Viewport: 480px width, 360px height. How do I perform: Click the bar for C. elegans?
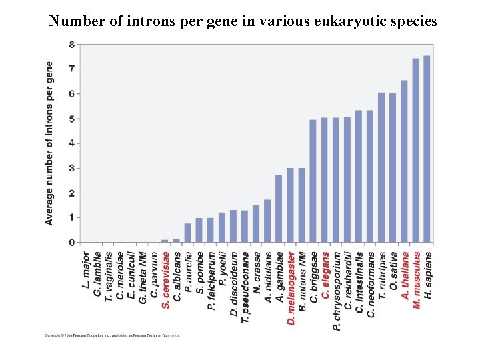coord(324,180)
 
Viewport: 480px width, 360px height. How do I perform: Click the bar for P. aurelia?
coord(187,233)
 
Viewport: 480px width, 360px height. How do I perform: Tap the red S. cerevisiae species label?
coord(165,279)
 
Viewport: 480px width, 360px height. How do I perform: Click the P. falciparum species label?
coord(211,280)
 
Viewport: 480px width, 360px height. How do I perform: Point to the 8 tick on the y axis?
coord(71,45)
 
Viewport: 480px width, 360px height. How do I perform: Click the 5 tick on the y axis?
coord(71,119)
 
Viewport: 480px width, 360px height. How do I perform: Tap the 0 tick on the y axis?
coord(71,243)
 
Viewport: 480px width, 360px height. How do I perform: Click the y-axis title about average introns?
coord(51,143)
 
